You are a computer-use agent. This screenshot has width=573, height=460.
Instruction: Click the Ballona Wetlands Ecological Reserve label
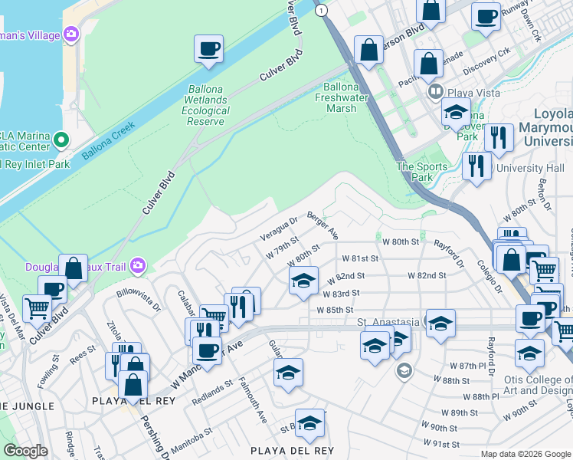tap(205, 105)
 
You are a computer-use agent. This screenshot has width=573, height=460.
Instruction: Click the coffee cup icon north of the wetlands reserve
tap(208, 50)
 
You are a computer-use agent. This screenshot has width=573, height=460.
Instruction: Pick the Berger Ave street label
tap(323, 224)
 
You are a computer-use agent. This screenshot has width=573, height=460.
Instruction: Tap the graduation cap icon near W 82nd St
tap(304, 281)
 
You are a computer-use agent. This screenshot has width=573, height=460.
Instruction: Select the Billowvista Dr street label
tap(139, 297)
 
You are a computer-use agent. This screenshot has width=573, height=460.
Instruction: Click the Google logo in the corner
tap(25, 450)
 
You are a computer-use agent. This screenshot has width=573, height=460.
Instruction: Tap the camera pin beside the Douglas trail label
tap(138, 266)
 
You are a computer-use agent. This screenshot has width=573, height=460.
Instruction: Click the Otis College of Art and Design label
tap(529, 382)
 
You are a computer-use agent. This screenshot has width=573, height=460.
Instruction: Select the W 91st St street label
tap(446, 443)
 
